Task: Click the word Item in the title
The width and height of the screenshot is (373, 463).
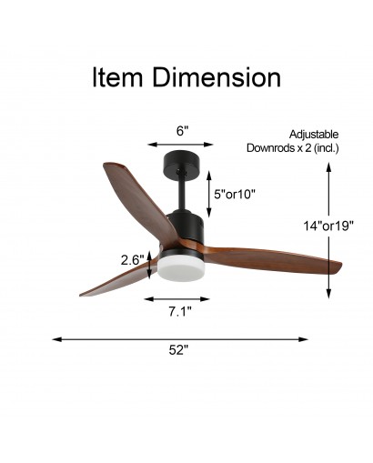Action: (x=117, y=77)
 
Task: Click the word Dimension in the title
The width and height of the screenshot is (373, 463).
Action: (x=217, y=77)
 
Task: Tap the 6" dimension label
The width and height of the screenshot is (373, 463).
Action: (x=182, y=131)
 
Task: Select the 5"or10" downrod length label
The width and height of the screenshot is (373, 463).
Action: (x=235, y=194)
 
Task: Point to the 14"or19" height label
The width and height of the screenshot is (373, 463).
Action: (x=328, y=226)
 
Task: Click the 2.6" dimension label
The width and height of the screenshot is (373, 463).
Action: (x=132, y=260)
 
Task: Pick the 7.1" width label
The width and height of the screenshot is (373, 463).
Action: (x=180, y=311)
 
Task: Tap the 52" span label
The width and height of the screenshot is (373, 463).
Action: (x=178, y=350)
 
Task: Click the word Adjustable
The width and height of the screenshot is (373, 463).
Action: (x=314, y=135)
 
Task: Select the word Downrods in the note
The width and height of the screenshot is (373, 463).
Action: (x=269, y=148)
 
